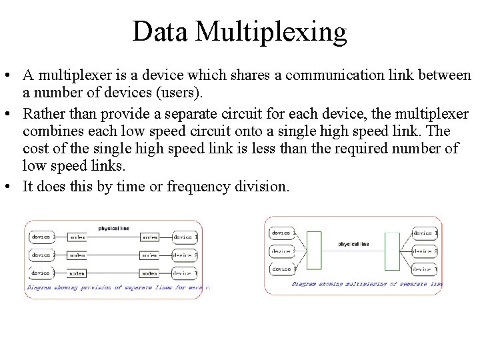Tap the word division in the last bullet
[x=264, y=186]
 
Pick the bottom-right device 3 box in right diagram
[x=425, y=269]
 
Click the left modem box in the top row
[x=77, y=237]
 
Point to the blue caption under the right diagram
[x=367, y=283]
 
